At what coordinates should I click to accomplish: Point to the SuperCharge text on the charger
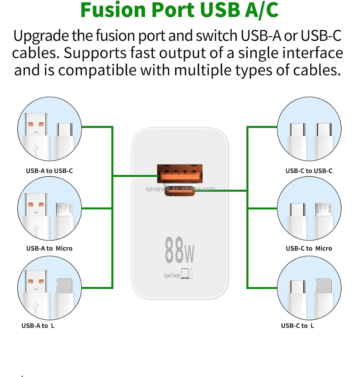click(172, 276)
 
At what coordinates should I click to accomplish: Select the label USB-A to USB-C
click(49, 171)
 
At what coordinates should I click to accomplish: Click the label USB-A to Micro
click(49, 248)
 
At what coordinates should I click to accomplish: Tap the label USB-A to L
click(38, 326)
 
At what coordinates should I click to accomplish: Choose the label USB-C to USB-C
click(309, 171)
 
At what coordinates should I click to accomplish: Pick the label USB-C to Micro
click(309, 248)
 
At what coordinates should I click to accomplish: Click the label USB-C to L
click(298, 326)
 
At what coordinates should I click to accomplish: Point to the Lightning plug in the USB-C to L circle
click(324, 291)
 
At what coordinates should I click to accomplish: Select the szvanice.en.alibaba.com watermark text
click(180, 188)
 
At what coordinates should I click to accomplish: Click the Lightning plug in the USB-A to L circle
click(65, 291)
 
